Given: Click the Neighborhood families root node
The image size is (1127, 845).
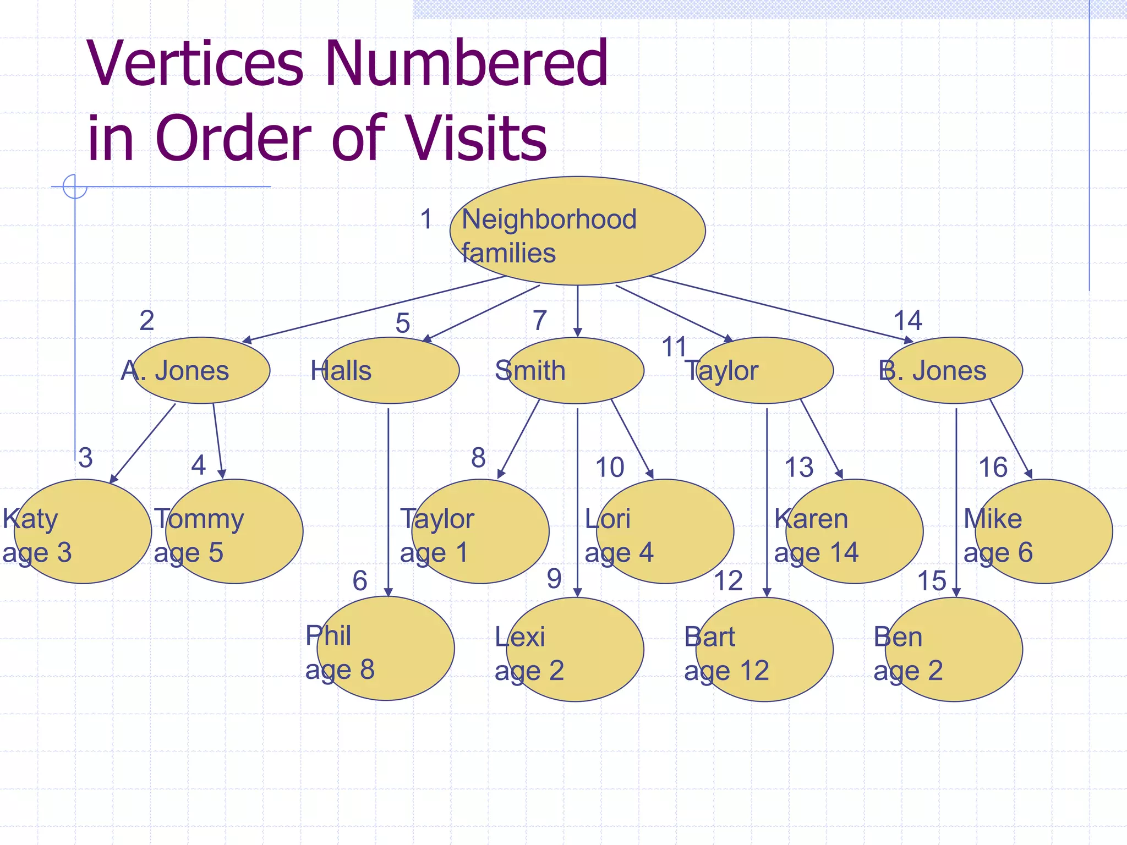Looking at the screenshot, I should pyautogui.click(x=577, y=231).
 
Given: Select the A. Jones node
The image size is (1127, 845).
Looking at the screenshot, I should pyautogui.click(x=201, y=370).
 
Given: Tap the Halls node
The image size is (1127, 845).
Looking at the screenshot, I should pyautogui.click(x=390, y=370).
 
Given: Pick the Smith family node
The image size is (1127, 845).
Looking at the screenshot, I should pyautogui.click(x=576, y=370).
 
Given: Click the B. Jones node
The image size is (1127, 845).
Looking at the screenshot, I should pyautogui.click(x=954, y=370).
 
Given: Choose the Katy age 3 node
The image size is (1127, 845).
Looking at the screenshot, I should pyautogui.click(x=83, y=531).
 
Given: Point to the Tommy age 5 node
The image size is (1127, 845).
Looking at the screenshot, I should pyautogui.click(x=234, y=531).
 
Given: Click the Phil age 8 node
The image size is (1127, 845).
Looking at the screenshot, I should pyautogui.click(x=386, y=649).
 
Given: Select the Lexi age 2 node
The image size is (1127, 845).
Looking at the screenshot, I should pyautogui.click(x=575, y=650).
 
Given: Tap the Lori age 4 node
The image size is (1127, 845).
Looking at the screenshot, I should pyautogui.click(x=665, y=531).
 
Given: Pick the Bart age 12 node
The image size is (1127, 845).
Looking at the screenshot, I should pyautogui.click(x=764, y=650).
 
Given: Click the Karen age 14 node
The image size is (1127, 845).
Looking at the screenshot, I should pyautogui.click(x=855, y=531).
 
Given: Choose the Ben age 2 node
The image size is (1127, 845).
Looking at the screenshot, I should pyautogui.click(x=954, y=650).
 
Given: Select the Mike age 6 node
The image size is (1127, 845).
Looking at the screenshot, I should pyautogui.click(x=1044, y=531).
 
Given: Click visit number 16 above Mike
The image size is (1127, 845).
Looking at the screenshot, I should pyautogui.click(x=993, y=468).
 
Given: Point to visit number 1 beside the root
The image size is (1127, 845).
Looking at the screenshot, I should pyautogui.click(x=426, y=219).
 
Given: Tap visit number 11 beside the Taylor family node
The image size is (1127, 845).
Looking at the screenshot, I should pyautogui.click(x=674, y=347).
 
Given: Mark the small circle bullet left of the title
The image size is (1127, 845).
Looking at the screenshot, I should pyautogui.click(x=75, y=186).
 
